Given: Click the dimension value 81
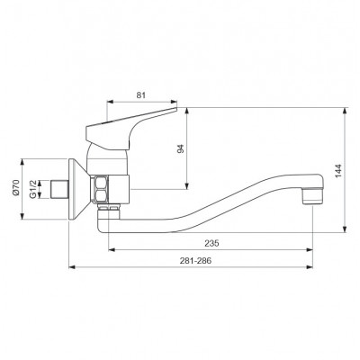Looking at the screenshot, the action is click(141, 95).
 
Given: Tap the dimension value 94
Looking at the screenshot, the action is click(180, 148).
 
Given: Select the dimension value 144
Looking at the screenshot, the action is click(338, 171).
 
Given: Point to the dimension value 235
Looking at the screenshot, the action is click(211, 243).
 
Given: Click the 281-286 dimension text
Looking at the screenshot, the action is click(195, 261).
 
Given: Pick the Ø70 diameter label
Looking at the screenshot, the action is click(16, 188).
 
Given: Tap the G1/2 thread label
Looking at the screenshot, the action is click(32, 189).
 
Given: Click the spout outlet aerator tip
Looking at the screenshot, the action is click(312, 196).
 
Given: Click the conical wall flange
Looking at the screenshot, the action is click(78, 189).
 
